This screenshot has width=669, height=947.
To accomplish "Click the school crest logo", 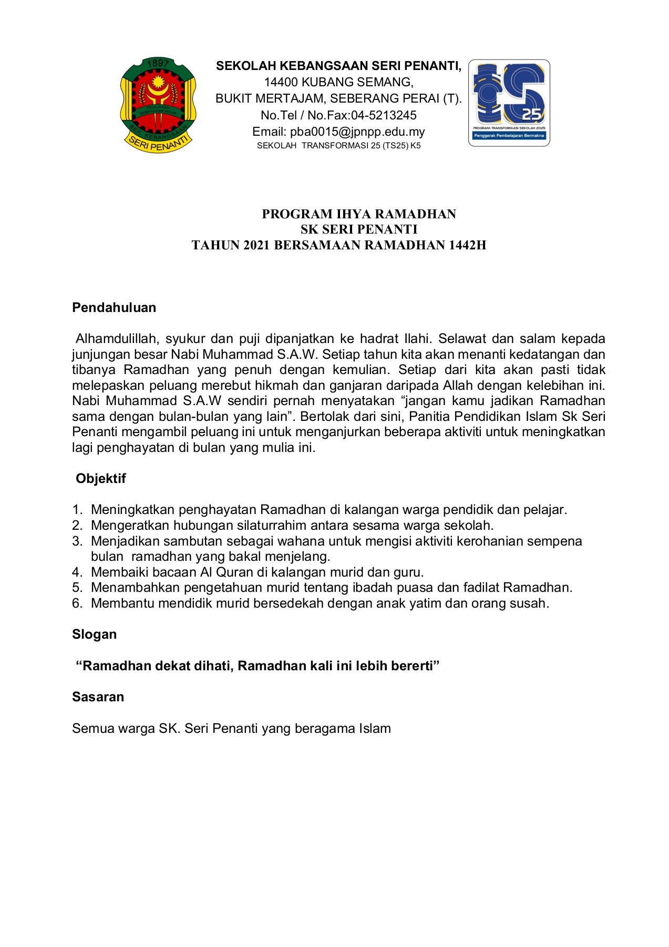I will (158, 105).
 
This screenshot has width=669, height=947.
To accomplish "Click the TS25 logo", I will (509, 103).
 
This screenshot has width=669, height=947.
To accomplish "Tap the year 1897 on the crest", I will (158, 64).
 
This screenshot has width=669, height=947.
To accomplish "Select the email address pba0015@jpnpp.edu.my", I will (357, 132).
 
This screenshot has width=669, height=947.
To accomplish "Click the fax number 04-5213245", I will (384, 115).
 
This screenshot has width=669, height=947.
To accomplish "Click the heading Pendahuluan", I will (114, 308).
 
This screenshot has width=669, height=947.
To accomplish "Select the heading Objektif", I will (101, 478).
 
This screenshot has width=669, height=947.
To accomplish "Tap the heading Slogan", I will (95, 634).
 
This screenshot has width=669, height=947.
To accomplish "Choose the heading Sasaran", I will (98, 697).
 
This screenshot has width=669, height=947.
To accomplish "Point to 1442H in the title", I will (467, 245).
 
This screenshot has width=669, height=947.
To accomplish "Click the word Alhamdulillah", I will (117, 338).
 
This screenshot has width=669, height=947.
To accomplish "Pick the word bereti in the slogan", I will (413, 666).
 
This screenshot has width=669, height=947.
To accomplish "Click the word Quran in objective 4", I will (234, 572).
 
